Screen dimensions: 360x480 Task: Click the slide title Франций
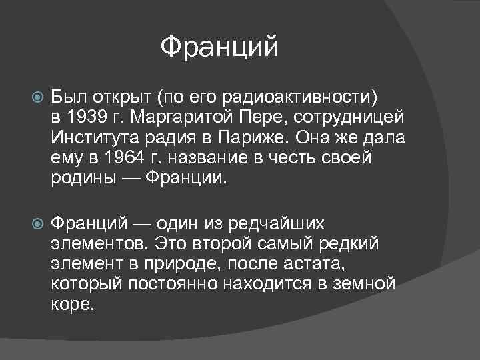pyautogui.click(x=219, y=47)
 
